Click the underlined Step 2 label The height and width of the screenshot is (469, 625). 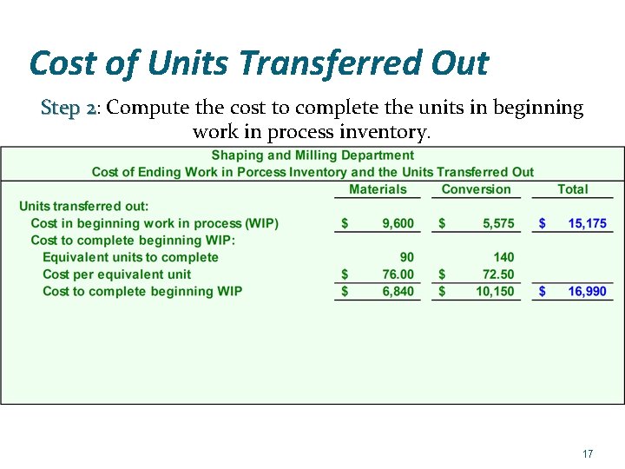point(69,109)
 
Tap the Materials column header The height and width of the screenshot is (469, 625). point(378,189)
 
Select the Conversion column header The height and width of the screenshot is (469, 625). point(476,189)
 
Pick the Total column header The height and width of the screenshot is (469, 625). point(573,189)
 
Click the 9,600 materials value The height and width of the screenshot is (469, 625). point(398,223)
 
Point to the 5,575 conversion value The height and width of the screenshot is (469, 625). point(498,223)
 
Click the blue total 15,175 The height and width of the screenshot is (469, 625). point(587,223)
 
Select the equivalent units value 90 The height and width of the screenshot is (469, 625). point(406,257)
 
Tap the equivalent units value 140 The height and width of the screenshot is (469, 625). point(503,257)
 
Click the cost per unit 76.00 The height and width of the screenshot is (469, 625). point(398,274)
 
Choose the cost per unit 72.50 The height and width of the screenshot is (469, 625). point(497,274)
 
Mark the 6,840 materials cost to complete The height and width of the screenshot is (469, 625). point(398,291)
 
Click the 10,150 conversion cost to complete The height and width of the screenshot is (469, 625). point(495,291)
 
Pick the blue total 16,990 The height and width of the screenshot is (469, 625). point(587,291)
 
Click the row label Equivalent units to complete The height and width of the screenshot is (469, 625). point(130,257)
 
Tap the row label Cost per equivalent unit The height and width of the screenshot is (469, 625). point(116,274)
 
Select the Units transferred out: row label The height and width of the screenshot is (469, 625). point(84,207)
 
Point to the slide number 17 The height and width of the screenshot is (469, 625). point(588,454)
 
